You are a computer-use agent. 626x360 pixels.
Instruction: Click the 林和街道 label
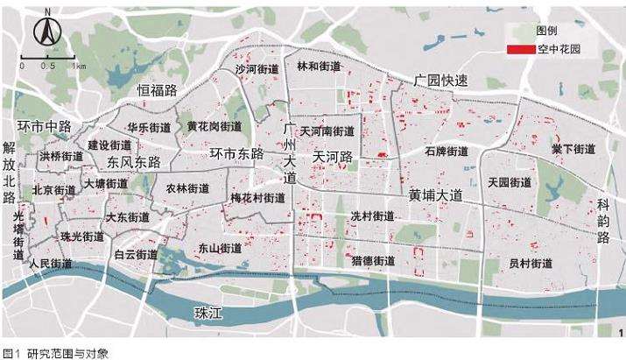(x=319, y=66)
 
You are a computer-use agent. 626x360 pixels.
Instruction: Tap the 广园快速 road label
(x=441, y=80)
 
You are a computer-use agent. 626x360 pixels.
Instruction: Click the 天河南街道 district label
(x=327, y=131)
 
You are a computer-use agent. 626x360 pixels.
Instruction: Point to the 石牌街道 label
(x=447, y=151)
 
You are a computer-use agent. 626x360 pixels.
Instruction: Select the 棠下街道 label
(x=573, y=149)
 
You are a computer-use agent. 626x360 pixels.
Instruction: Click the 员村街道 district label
(x=531, y=263)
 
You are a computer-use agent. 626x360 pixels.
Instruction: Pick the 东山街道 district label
(x=220, y=247)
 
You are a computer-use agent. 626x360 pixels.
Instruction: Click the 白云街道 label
(x=136, y=255)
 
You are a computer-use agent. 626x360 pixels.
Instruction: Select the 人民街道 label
(x=50, y=263)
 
